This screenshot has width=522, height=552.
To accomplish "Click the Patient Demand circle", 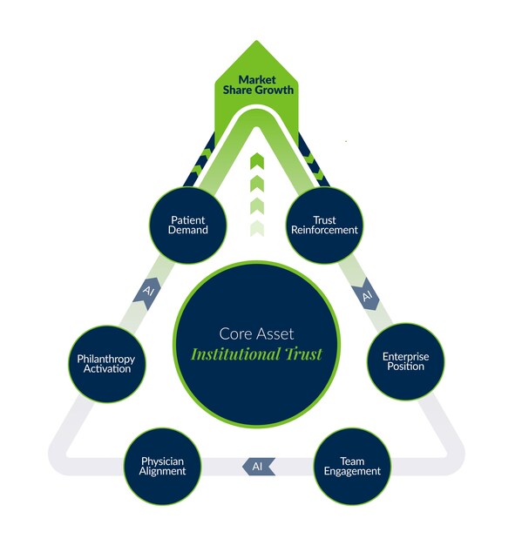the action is pos(188,226).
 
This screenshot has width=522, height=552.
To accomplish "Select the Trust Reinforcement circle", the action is pos(324,226).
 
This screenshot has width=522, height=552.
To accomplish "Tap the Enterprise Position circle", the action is pos(406,361).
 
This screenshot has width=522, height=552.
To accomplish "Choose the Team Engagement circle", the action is pos(352,466).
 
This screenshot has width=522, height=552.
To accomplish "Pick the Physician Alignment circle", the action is pos(162,466).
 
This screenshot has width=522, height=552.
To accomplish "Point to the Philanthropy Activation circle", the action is pos(107,364).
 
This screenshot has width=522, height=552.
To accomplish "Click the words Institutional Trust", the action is pos(256,353).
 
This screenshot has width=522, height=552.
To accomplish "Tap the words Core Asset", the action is pos(256,333).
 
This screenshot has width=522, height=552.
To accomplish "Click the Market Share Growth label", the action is pos(258,84).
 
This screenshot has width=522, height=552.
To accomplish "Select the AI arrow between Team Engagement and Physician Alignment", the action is pos(258,467).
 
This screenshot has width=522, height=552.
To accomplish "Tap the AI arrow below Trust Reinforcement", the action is pos(367,294).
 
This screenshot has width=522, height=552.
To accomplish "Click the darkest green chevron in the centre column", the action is pos(257,160).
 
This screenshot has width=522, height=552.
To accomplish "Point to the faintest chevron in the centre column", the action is pos(257,228).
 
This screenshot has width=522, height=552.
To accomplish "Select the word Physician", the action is pos(162,461).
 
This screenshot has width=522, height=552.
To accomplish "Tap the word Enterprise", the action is pos(406,357).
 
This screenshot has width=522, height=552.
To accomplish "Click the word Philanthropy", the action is pos(106,359).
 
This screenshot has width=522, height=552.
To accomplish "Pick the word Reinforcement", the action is pos(324,230).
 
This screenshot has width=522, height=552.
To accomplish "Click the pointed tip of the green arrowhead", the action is pos(256,40).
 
